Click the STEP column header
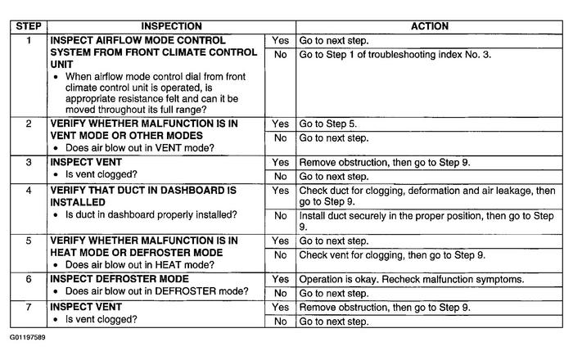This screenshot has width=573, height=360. [x=27, y=27]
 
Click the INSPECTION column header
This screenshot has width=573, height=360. [x=171, y=27]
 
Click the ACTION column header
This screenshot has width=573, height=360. [x=429, y=27]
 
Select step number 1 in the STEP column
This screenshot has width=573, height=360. [x=27, y=39]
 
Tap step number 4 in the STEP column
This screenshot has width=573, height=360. [x=27, y=191]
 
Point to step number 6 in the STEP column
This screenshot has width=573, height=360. [x=27, y=279]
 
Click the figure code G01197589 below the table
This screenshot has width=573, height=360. [x=28, y=336]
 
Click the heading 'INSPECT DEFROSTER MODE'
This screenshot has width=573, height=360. [x=120, y=279]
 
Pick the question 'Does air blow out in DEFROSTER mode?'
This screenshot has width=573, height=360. [x=157, y=292]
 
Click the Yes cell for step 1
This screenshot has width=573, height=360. [x=280, y=39]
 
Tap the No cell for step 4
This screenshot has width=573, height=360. [x=280, y=215]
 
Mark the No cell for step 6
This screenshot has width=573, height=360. [x=280, y=293]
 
